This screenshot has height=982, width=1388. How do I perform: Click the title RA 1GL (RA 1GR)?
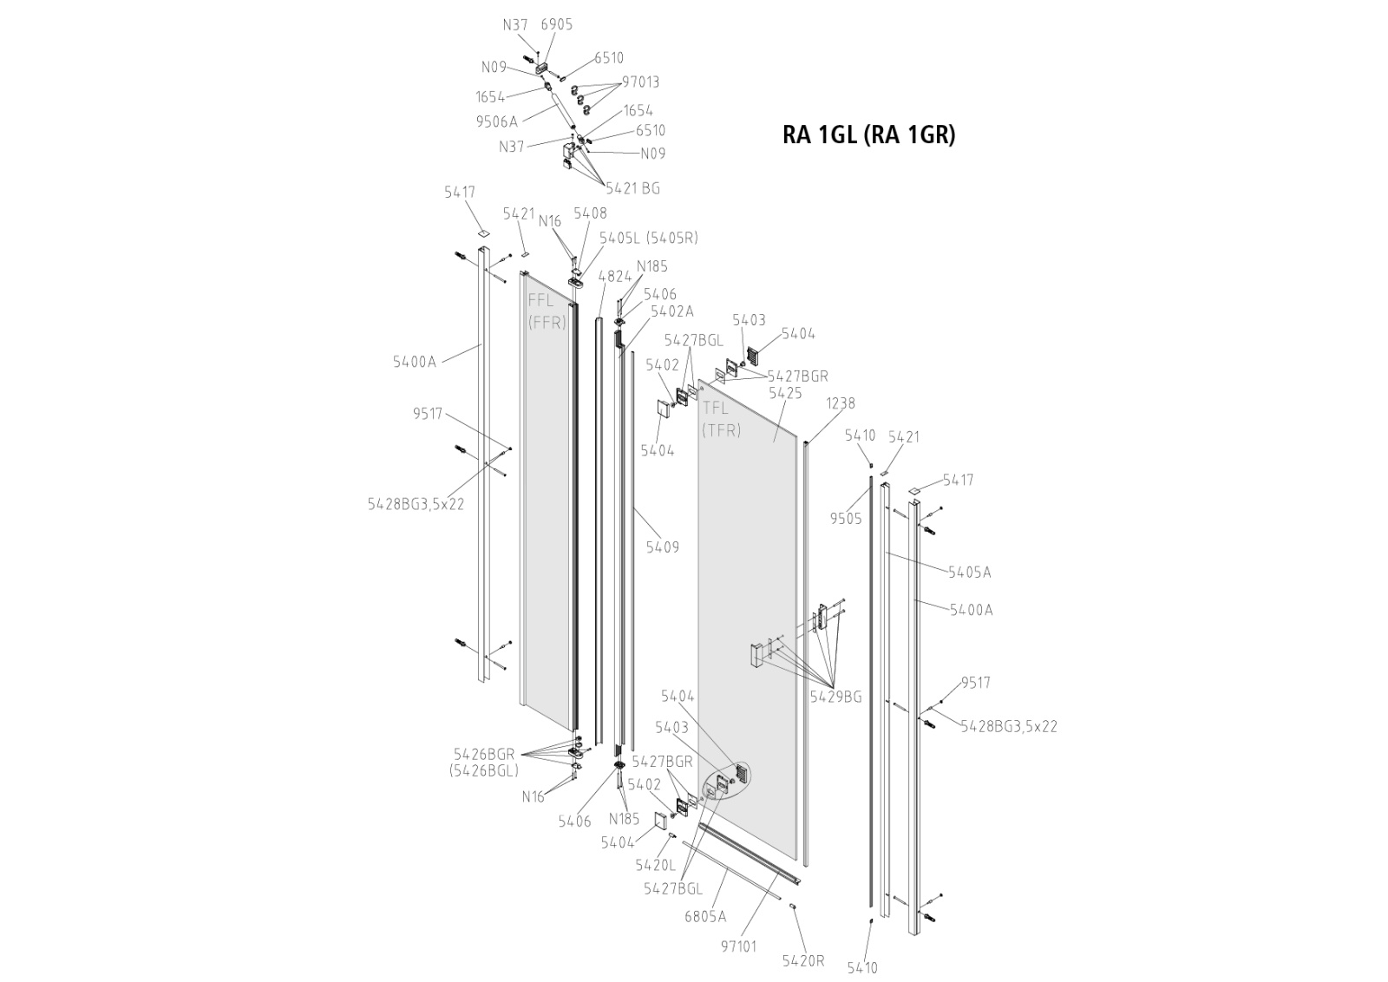[868, 135]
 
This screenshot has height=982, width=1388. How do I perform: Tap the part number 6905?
[556, 25]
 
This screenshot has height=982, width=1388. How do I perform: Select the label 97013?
[641, 82]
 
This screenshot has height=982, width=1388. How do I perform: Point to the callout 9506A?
[496, 122]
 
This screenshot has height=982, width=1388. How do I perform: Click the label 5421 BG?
[632, 188]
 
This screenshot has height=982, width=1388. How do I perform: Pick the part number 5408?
[590, 213]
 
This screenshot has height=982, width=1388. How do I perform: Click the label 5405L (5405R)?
[648, 238]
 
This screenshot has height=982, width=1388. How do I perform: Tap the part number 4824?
[615, 277]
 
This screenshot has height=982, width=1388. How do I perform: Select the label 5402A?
[672, 311]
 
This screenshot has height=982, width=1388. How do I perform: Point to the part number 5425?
[785, 394]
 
